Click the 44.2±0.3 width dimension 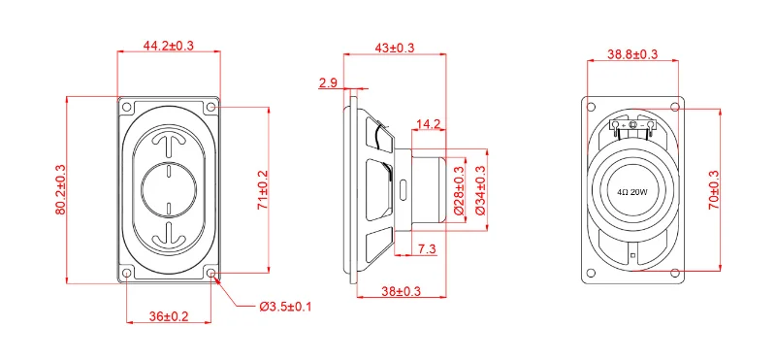[168, 46]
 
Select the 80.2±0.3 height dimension [60, 189]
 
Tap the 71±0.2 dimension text [262, 189]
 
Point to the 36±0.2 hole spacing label [169, 316]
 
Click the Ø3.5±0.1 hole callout [285, 307]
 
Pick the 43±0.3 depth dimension [395, 48]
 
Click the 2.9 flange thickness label [328, 82]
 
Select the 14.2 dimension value [429, 124]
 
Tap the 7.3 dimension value [427, 249]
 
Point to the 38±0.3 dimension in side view [401, 292]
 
